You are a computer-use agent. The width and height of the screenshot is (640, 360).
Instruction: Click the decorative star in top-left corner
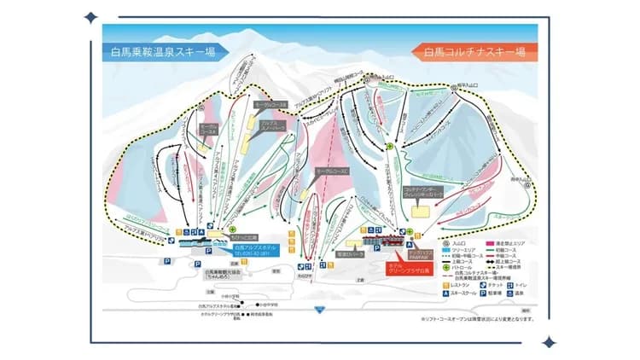90,17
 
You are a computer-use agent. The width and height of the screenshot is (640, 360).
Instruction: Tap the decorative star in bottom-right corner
548,342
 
